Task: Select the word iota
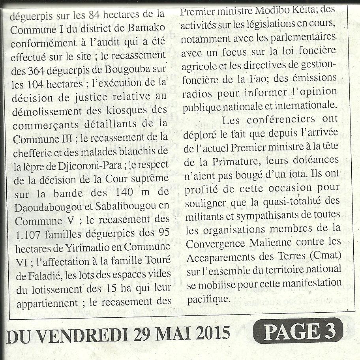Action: pyautogui.click(x=297, y=174)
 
